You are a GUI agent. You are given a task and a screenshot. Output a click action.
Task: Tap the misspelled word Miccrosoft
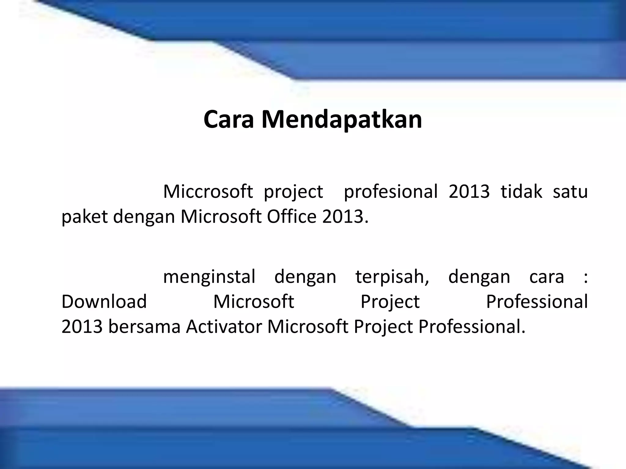click(x=208, y=192)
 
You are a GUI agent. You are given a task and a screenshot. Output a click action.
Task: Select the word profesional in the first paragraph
click(x=391, y=192)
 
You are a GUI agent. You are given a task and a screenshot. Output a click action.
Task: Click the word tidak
click(x=521, y=192)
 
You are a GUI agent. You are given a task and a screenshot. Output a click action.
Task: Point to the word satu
click(x=570, y=192)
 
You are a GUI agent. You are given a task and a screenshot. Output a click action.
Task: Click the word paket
click(x=85, y=217)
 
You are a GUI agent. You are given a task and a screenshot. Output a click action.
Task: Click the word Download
click(x=104, y=302)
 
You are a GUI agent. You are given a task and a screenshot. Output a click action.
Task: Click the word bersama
click(x=144, y=327)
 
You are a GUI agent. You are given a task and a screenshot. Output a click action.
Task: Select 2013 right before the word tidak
click(x=469, y=192)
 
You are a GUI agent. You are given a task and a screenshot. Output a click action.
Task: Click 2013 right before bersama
click(x=82, y=327)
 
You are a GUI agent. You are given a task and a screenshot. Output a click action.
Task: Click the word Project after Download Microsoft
click(x=390, y=302)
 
